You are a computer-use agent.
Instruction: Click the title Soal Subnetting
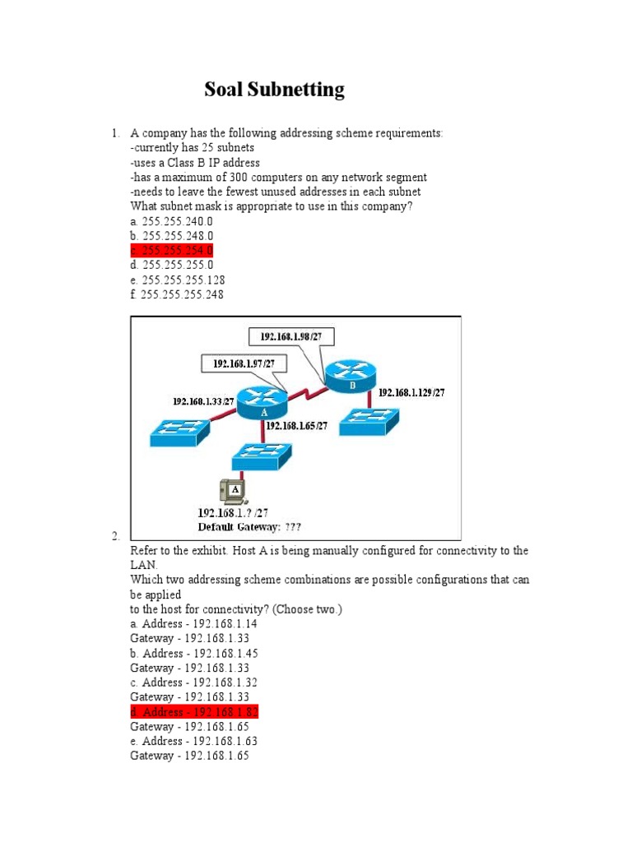pyautogui.click(x=274, y=90)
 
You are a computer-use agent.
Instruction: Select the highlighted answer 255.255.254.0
pyautogui.click(x=172, y=250)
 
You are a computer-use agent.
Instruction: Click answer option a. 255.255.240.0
pyautogui.click(x=171, y=221)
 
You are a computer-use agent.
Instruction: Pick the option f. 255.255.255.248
pyautogui.click(x=176, y=294)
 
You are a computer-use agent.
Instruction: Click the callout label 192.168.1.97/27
pyautogui.click(x=244, y=363)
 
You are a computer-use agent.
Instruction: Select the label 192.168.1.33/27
pyautogui.click(x=203, y=401)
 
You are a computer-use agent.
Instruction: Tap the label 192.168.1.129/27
pyautogui.click(x=411, y=393)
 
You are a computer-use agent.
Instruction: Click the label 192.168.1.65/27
pyautogui.click(x=296, y=426)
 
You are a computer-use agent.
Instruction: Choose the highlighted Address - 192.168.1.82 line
pyautogui.click(x=194, y=712)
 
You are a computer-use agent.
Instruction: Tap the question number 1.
pyautogui.click(x=115, y=133)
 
